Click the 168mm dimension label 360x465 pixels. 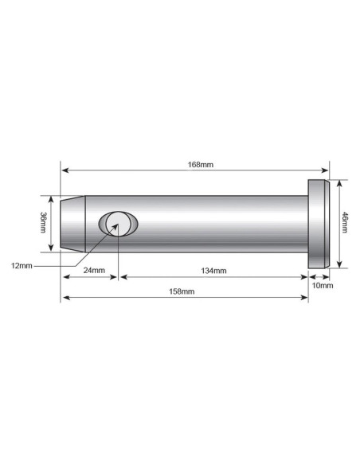coord(196,165)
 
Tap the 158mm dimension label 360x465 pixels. coord(183,291)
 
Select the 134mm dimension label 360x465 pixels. coord(213,271)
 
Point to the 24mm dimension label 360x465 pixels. coord(94,271)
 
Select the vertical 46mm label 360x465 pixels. coord(345,222)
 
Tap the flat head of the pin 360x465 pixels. coord(318,224)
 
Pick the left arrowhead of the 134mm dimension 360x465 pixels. coord(122,277)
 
